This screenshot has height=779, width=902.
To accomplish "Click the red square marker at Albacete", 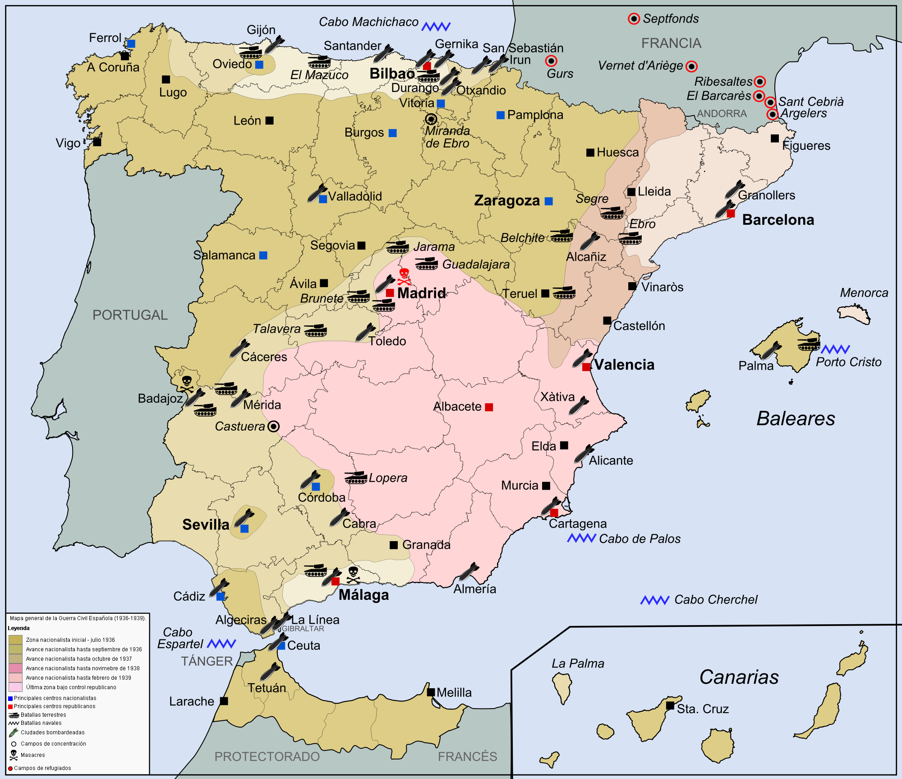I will tap(489, 407).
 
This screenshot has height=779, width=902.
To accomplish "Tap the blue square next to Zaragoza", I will tap(548, 201).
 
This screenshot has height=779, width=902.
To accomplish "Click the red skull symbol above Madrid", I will tap(404, 276).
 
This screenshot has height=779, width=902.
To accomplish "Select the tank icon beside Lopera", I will tap(356, 478).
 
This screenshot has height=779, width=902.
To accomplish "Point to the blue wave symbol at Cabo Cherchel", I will tap(655, 600).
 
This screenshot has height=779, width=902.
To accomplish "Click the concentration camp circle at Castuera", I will tap(273, 426).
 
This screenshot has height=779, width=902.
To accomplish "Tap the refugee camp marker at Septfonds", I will tap(634, 19).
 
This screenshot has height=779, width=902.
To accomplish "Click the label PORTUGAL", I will tap(130, 315).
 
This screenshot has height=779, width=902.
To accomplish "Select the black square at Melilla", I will tap(431, 692).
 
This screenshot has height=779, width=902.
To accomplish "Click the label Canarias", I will tap(739, 677).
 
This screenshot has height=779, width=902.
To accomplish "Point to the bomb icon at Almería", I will tap(469, 572).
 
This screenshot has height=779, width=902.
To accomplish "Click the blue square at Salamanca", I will tap(263, 255).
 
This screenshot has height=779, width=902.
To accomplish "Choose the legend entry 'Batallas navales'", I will tap(41, 723).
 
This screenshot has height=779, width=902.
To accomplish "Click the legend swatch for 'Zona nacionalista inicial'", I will tap(15, 640).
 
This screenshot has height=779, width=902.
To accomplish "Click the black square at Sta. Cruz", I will tap(670, 705).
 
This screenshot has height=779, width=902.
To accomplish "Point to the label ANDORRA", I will tap(722, 114).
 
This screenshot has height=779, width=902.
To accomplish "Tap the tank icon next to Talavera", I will tap(315, 330).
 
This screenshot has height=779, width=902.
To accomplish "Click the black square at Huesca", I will tap(590, 153).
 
